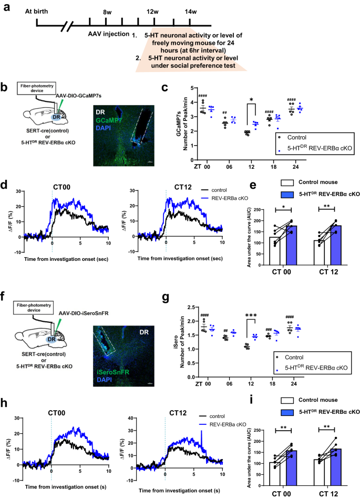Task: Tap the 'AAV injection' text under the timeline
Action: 109,34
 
